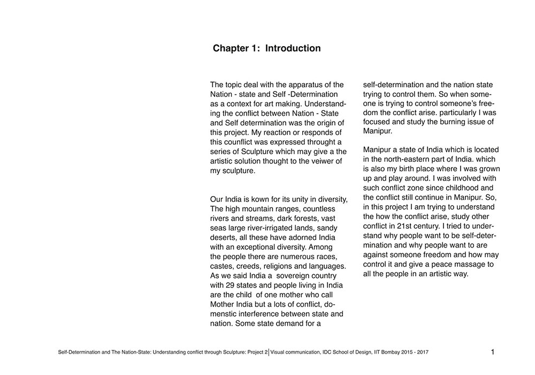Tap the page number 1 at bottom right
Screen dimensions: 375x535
pyautogui.click(x=492, y=352)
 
